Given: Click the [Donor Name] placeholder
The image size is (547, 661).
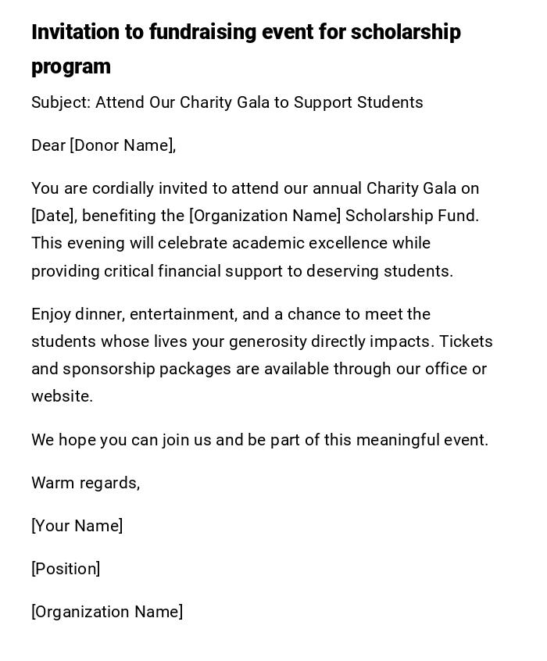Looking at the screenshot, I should tap(123, 145).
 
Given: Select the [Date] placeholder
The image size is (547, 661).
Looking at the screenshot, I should tap(54, 216).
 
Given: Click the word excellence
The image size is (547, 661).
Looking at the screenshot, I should tap(349, 243).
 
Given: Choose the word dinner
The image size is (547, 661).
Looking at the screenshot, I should tap(99, 314).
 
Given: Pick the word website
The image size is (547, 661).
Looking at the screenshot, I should tap(62, 396).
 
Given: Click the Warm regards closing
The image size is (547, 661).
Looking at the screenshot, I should tap(86, 483).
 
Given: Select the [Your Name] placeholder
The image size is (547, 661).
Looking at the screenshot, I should tap(77, 526).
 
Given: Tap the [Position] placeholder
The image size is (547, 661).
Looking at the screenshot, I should tap(66, 569).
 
